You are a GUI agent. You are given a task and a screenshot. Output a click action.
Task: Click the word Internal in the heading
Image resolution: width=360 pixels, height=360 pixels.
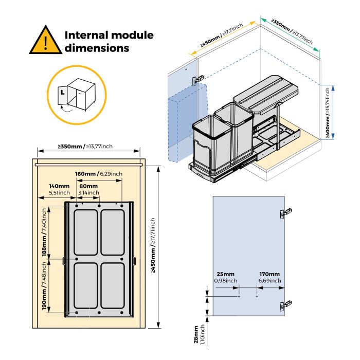click(86, 35)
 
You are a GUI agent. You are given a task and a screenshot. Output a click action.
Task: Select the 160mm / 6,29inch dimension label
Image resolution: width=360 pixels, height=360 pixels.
click(98, 174)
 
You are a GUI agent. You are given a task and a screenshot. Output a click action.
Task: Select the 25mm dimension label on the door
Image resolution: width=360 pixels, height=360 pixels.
click(225, 277)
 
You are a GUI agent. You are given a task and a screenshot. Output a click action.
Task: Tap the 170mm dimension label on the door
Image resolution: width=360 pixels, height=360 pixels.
click(269, 277)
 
